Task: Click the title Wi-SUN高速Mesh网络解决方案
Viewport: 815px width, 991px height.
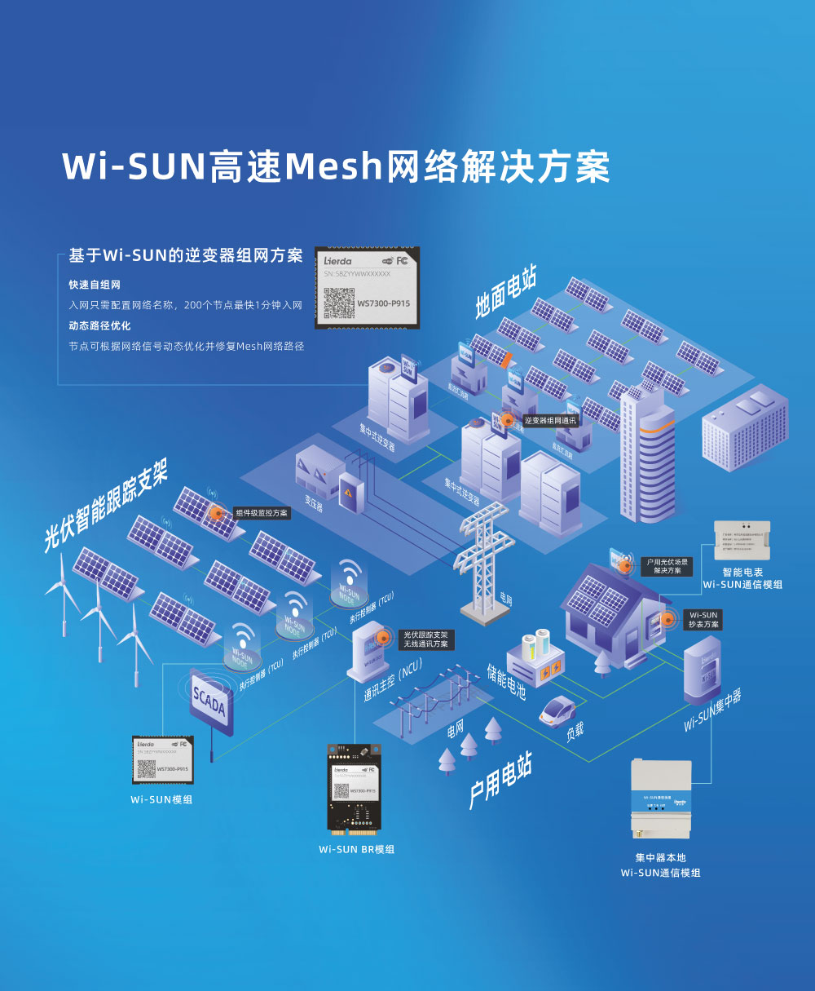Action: (x=336, y=166)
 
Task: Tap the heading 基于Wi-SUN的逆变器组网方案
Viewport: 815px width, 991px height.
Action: (x=186, y=255)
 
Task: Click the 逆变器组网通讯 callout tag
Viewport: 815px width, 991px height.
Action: (x=550, y=421)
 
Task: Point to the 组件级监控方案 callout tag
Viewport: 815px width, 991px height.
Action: (x=261, y=513)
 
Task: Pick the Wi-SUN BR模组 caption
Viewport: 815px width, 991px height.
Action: (x=356, y=849)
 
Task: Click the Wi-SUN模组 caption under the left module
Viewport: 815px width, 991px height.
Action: (x=161, y=799)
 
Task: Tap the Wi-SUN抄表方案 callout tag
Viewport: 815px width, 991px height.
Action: (x=703, y=619)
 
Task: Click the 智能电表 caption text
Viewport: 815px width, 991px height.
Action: (x=742, y=573)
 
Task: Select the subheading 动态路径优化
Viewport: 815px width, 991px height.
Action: (x=99, y=325)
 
